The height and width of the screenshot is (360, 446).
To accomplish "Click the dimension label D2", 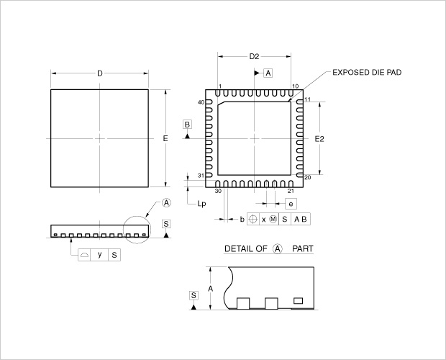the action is [x=254, y=56].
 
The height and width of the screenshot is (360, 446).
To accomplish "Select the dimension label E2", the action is [x=319, y=139].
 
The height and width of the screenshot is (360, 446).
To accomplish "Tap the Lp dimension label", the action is [x=201, y=204].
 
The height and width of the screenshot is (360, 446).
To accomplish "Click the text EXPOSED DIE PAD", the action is [x=367, y=72].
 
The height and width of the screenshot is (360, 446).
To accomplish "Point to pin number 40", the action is [x=201, y=102].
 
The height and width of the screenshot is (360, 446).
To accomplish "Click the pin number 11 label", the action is [x=307, y=99].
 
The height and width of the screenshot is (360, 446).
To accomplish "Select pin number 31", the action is [x=201, y=176].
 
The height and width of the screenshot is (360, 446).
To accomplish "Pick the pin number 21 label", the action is [x=291, y=191].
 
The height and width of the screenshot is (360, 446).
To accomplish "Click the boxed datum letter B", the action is [x=187, y=125].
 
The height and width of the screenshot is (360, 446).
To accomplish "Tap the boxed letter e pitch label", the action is [x=291, y=204].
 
